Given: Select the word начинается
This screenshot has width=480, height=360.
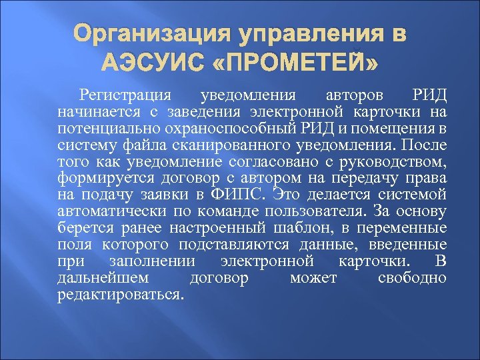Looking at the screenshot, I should click(x=92, y=110).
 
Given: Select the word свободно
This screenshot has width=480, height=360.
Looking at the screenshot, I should click(x=411, y=277).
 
